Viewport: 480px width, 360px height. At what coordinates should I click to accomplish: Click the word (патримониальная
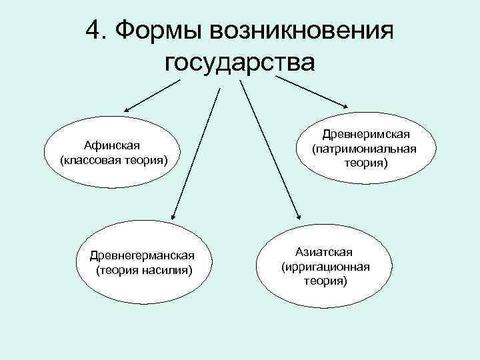click(363, 148)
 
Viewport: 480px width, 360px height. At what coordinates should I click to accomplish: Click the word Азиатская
click(325, 252)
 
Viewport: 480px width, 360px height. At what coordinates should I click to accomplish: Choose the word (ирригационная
click(325, 267)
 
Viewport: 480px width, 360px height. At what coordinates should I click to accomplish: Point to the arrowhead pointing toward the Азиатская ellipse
click(298, 213)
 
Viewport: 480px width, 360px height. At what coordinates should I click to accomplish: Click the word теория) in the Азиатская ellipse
click(325, 281)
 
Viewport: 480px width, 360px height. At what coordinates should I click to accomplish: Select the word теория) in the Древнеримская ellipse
click(363, 161)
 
